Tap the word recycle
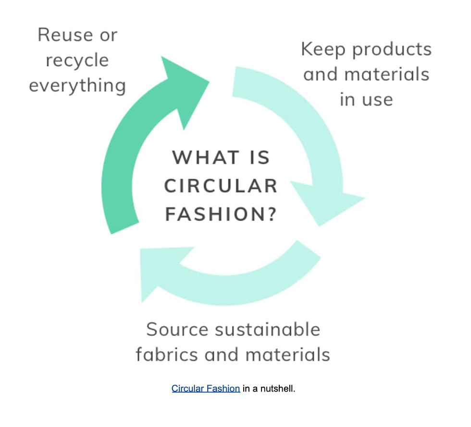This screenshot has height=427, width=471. [x=77, y=61]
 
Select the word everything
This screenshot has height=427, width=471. [x=77, y=86]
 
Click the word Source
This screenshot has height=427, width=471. [x=177, y=330]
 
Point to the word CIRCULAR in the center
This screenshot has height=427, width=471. [x=221, y=186]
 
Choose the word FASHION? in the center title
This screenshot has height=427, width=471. [x=221, y=214]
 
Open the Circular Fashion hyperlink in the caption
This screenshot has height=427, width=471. [x=206, y=388]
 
